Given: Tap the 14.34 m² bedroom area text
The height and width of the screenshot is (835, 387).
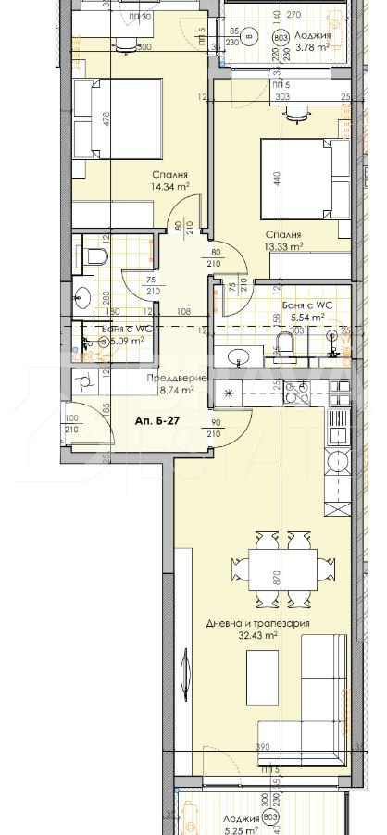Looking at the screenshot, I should point(171,186).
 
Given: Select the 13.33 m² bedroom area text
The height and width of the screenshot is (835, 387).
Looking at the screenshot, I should point(284,247).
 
